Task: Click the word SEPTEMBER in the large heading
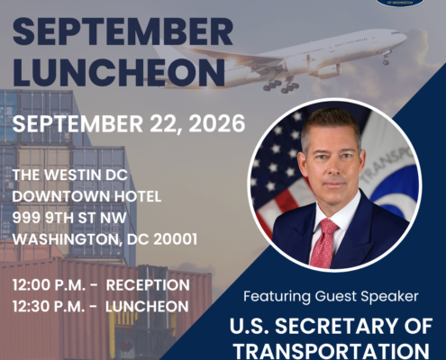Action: click(123, 31)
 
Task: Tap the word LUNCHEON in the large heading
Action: click(119, 73)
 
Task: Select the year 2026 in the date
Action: click(217, 123)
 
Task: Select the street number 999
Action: click(27, 218)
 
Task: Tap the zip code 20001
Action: click(176, 239)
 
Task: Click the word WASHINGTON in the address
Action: click(67, 239)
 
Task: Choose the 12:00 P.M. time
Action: click(50, 285)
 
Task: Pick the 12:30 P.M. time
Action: click(49, 307)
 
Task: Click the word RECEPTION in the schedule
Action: click(148, 285)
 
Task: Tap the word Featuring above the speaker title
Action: click(277, 297)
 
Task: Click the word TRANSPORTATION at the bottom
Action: click(332, 350)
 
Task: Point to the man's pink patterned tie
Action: click(323, 243)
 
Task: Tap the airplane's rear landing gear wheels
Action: click(281, 85)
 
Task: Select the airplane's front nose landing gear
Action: click(387, 58)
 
